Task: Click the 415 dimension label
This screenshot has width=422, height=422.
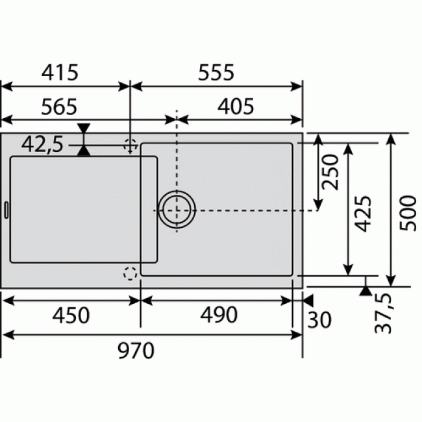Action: pos(61,73)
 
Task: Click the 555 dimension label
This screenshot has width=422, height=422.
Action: pos(216,73)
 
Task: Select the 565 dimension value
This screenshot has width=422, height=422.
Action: pos(60,106)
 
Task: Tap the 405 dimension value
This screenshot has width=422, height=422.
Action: pos(235,106)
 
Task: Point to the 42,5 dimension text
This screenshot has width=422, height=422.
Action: pos(42,144)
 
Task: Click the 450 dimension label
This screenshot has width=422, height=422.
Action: pos(71,316)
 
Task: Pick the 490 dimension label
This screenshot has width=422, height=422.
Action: pos(219,316)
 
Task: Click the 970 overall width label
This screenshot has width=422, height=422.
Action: pos(136,351)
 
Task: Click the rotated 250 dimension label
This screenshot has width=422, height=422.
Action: pos(332,172)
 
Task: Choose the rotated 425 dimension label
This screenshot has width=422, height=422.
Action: pos(364,214)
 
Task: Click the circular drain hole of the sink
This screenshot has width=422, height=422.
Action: pos(177,210)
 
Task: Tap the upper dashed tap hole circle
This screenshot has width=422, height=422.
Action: pos(130,145)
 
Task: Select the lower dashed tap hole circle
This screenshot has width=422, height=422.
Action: pos(130,274)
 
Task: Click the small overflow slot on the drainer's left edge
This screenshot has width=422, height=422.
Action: pos(6,210)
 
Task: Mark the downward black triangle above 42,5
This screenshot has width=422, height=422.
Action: pos(84,128)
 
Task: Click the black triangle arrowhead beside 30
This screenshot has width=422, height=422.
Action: pos(308,301)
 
